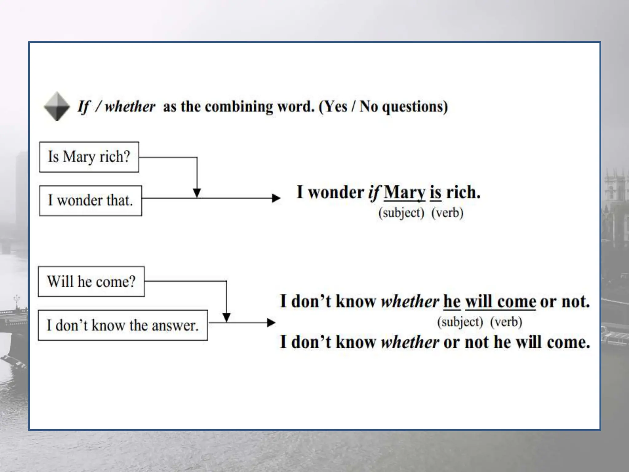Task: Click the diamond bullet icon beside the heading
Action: [x=57, y=106]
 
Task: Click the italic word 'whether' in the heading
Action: [x=130, y=107]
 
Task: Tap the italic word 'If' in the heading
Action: [x=84, y=107]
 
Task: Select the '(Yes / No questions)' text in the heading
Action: [x=383, y=107]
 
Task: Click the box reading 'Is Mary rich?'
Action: [x=89, y=157]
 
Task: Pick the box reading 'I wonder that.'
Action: [x=91, y=201]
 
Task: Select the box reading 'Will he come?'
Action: [x=91, y=281]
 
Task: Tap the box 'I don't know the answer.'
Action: [x=123, y=325]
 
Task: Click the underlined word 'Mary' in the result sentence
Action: [x=404, y=193]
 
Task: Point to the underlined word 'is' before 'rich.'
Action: [x=436, y=193]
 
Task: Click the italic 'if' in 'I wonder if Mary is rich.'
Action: [x=374, y=193]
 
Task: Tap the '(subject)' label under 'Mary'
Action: [x=401, y=213]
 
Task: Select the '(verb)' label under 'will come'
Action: [x=506, y=322]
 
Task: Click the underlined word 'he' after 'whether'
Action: [x=452, y=301]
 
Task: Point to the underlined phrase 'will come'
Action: [x=501, y=301]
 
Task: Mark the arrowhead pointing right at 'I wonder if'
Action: [x=276, y=198]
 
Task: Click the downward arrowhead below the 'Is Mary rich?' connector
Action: [x=197, y=193]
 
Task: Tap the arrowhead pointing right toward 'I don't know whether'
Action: [x=271, y=323]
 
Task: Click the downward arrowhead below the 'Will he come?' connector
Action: [x=226, y=317]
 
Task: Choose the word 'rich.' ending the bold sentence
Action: [x=463, y=193]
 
